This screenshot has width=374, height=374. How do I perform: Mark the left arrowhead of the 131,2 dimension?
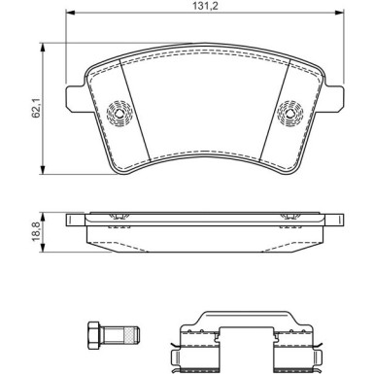(x=71, y=19)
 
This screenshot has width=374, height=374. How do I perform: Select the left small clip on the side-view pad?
(x=119, y=215)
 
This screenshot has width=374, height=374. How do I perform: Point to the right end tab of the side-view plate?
(x=331, y=219)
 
